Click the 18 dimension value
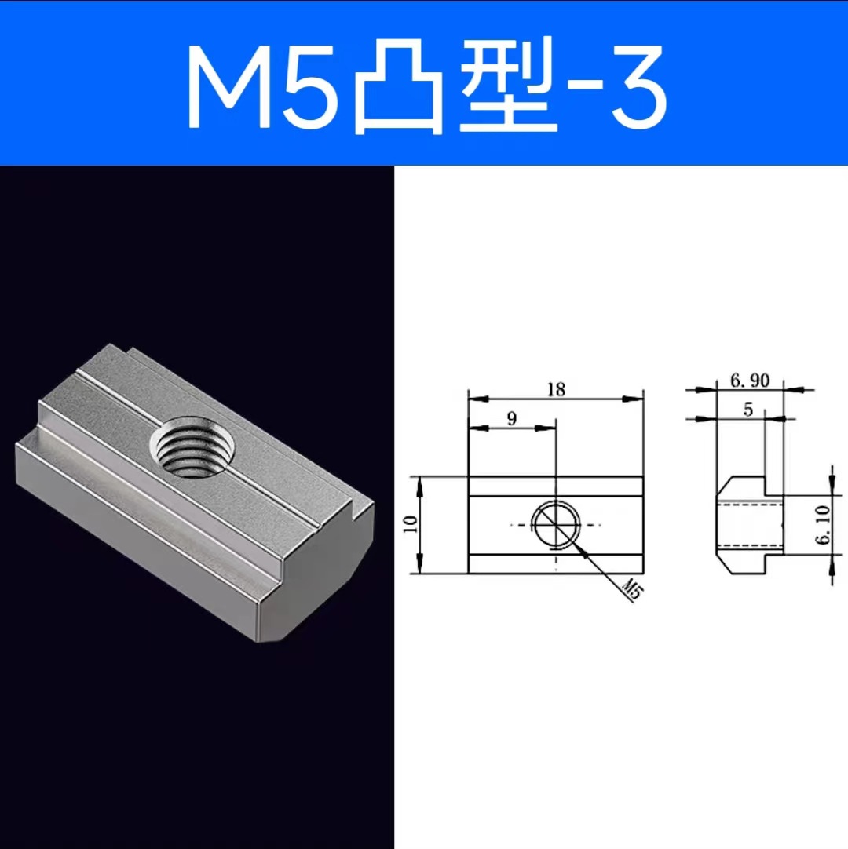coord(556,388)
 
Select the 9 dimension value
coord(511,418)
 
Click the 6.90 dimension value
coord(749,381)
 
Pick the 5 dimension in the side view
coord(747,410)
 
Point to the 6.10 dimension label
coord(822,525)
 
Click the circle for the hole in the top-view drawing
coord(557,523)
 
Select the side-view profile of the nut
coord(750,525)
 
